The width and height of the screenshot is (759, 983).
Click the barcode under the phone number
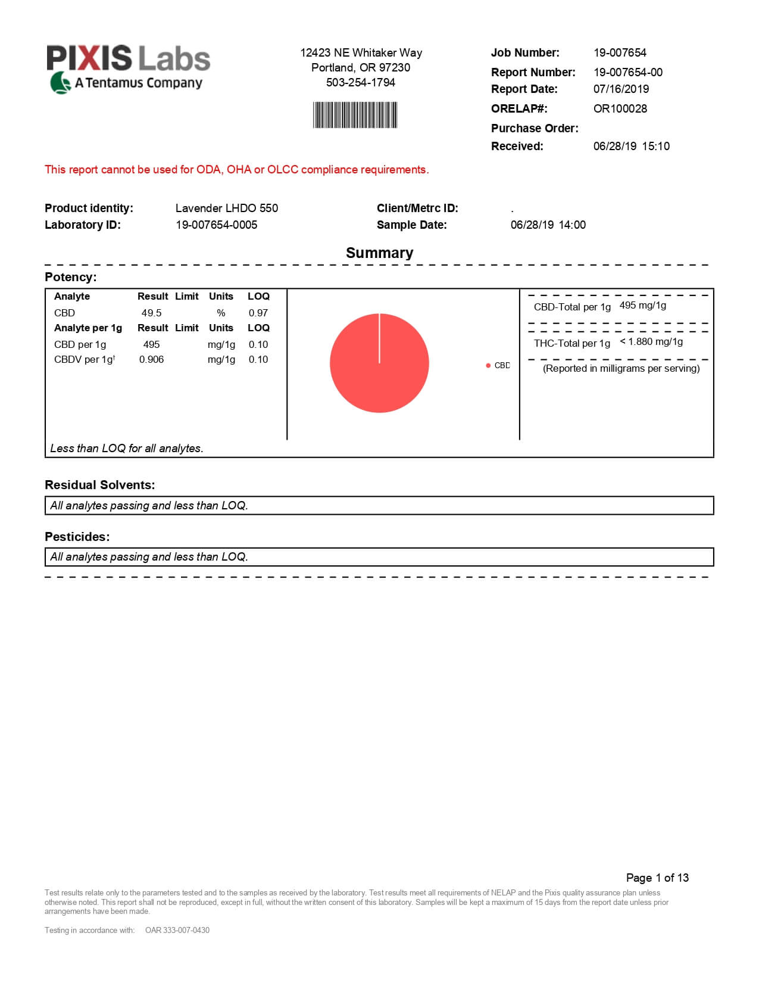[355, 115]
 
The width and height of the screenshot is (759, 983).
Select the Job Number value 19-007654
[620, 52]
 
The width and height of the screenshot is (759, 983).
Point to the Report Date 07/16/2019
[621, 89]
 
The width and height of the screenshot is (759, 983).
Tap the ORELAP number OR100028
[620, 108]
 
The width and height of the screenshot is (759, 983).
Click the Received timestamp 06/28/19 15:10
[631, 146]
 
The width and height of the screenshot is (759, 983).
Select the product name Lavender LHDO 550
[226, 208]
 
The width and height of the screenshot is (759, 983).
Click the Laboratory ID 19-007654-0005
[216, 225]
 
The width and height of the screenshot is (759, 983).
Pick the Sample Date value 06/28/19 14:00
[548, 225]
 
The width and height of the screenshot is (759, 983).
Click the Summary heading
[379, 253]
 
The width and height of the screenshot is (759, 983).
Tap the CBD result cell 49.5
[151, 313]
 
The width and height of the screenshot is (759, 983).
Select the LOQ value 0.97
[258, 313]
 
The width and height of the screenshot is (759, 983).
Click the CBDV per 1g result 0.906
[151, 359]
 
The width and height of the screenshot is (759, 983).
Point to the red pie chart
[379, 363]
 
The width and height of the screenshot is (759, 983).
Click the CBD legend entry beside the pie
[499, 365]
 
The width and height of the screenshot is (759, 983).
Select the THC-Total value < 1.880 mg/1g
[651, 341]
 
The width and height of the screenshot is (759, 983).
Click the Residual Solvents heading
[99, 485]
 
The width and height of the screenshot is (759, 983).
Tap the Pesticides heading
[77, 537]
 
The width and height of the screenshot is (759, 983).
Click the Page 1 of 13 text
[657, 878]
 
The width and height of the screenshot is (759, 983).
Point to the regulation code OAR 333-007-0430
[177, 930]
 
